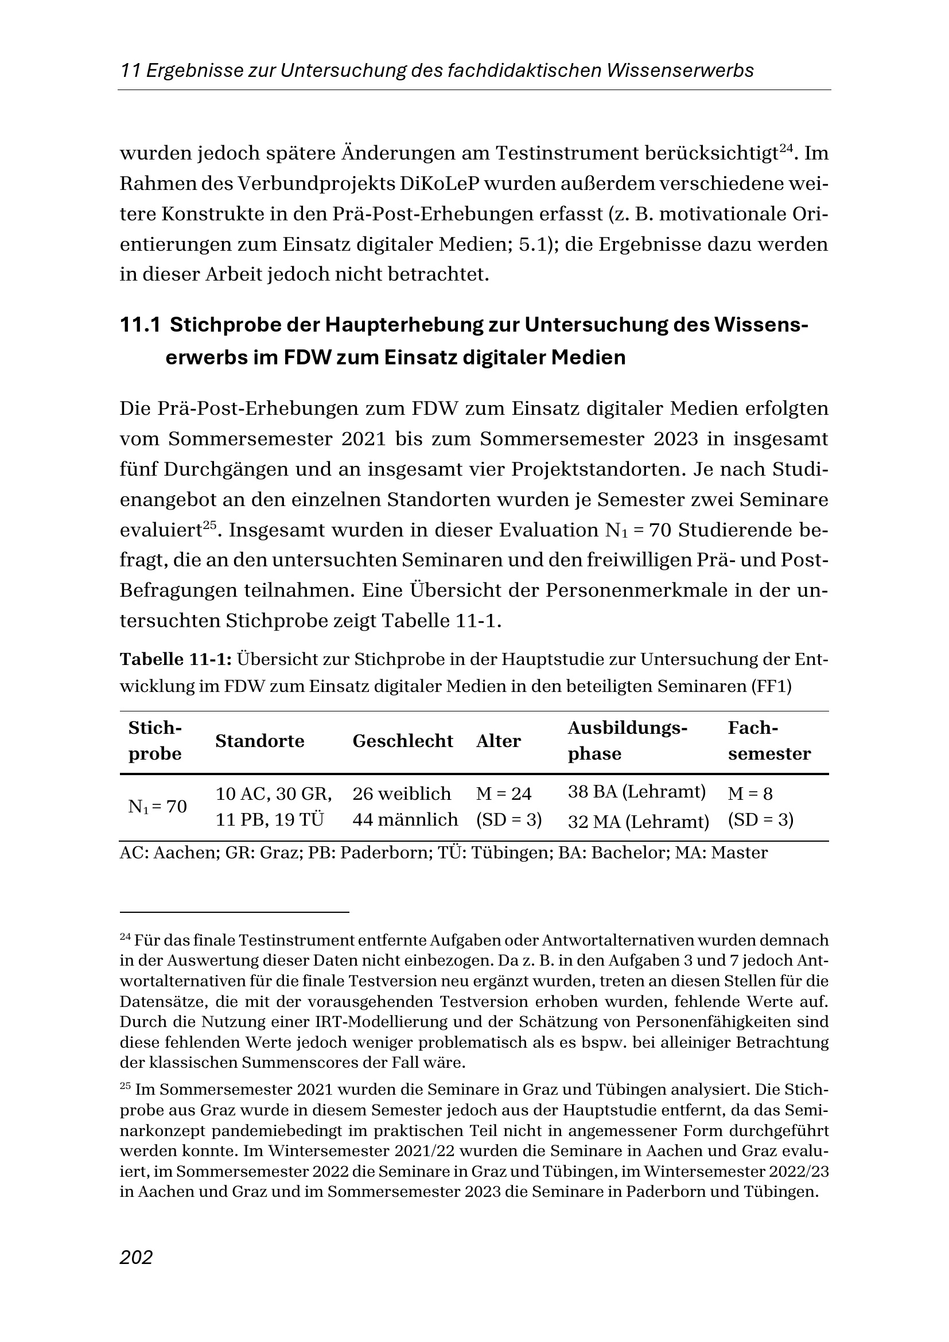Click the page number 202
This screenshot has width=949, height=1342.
(x=136, y=1257)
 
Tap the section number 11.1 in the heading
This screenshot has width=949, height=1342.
(x=139, y=325)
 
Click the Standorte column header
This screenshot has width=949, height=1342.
(x=259, y=741)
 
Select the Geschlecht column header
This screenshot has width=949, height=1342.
(x=403, y=741)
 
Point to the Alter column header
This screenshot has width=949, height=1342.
(x=499, y=741)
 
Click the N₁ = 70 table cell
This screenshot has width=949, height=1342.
(x=157, y=807)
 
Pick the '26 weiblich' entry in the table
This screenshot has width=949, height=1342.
(x=402, y=793)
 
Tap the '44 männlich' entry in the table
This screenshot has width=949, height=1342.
(x=405, y=819)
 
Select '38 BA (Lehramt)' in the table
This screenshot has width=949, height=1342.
(x=637, y=792)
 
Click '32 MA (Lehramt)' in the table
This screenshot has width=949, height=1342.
(x=638, y=822)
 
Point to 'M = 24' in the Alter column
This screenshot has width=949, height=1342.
(x=504, y=793)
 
